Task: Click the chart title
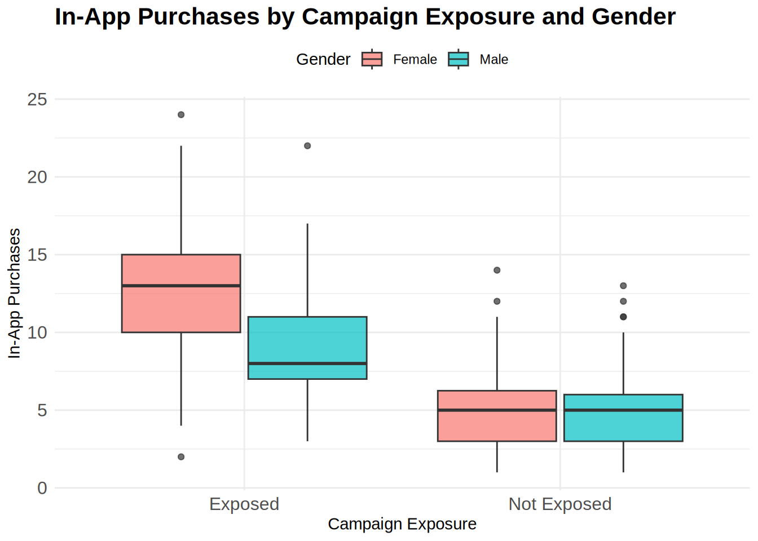[x=365, y=17]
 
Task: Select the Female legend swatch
[x=372, y=59]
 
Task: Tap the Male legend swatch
[x=459, y=59]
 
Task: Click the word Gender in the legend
[x=323, y=59]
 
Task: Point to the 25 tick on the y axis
[x=37, y=100]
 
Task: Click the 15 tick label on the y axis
[x=37, y=255]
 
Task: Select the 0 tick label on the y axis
[x=42, y=488]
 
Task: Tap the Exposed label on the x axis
[x=244, y=504]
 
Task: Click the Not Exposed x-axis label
[x=560, y=504]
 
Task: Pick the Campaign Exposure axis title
[x=402, y=524]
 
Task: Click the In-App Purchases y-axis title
[x=14, y=293]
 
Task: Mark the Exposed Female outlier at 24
[x=181, y=115]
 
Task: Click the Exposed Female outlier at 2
[x=181, y=457]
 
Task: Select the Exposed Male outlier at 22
[x=307, y=146]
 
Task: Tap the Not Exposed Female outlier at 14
[x=497, y=270]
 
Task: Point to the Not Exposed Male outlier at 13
[x=623, y=286]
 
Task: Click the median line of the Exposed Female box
[x=181, y=286]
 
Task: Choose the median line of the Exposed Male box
[x=307, y=363]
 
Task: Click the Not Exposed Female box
[x=497, y=426]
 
